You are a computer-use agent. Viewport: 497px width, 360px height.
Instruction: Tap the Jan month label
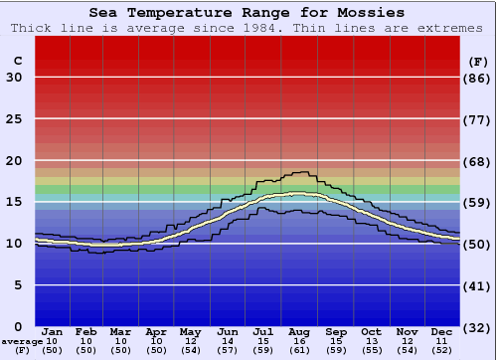(53, 332)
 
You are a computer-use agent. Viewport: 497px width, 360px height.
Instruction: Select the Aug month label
(298, 332)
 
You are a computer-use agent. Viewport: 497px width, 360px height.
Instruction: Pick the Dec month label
(442, 332)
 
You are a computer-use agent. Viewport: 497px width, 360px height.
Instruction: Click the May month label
(190, 332)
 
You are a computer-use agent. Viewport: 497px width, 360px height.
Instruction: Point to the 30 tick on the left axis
(14, 78)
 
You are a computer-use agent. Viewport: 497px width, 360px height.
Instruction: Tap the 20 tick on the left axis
(14, 161)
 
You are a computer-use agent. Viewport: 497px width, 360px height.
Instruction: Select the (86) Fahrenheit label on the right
(478, 78)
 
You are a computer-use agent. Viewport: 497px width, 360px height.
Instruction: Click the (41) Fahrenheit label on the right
(478, 285)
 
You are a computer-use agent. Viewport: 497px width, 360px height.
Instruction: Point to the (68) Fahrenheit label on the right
(478, 161)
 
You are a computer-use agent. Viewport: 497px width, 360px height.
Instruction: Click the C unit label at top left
(17, 61)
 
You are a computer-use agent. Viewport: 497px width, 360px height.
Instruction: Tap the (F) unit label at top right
(478, 61)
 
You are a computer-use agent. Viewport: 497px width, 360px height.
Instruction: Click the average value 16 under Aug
(298, 341)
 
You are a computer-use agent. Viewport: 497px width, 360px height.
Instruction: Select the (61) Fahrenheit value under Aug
(298, 350)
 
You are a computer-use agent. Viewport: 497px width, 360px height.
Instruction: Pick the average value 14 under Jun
(228, 341)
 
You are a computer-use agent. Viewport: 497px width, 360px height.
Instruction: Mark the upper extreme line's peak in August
(299, 172)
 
